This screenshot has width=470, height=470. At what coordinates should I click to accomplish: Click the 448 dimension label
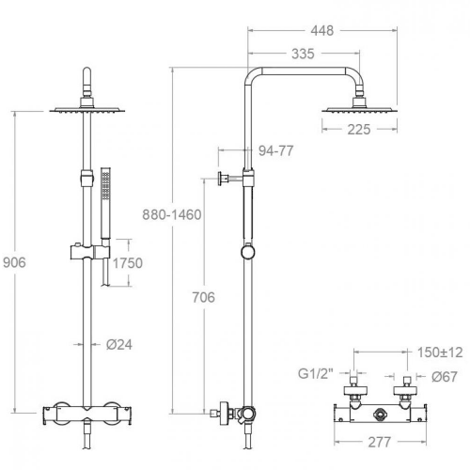(x=322, y=31)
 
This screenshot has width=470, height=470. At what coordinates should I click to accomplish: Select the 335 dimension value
(x=303, y=54)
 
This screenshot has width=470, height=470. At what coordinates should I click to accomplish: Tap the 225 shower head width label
(x=359, y=130)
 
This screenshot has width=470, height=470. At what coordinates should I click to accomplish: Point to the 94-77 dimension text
(x=275, y=151)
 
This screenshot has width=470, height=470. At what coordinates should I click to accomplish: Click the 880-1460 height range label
(x=172, y=215)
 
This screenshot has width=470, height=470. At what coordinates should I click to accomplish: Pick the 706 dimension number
(x=204, y=297)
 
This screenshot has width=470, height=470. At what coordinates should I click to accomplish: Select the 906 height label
(x=14, y=262)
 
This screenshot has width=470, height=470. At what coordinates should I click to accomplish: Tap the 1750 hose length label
(x=128, y=263)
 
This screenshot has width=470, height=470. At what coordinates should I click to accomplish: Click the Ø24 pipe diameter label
(x=119, y=345)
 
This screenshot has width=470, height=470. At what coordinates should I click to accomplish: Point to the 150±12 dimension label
(x=440, y=352)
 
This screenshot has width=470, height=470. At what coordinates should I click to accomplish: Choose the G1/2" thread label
(x=316, y=373)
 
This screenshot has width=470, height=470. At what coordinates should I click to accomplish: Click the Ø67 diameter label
(x=445, y=377)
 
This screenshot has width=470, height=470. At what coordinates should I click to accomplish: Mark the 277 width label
(x=380, y=443)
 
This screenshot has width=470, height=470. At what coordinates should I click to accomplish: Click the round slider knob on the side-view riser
(x=248, y=252)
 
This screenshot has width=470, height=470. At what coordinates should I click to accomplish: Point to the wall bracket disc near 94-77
(x=222, y=179)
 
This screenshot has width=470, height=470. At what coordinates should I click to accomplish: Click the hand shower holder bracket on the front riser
(x=90, y=252)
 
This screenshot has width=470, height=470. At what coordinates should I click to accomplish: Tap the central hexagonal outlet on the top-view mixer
(x=379, y=415)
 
